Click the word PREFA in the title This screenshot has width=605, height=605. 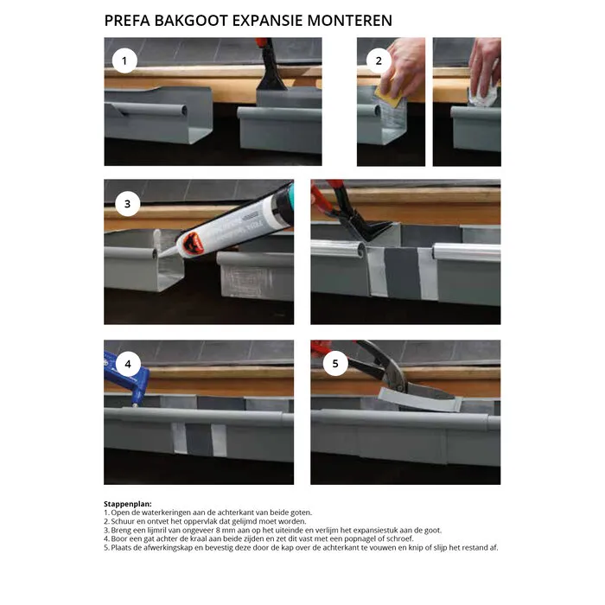click(x=127, y=21)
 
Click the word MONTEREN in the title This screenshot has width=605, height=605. click(x=349, y=21)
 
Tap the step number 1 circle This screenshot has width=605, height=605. click(x=124, y=61)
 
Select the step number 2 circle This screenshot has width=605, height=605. click(x=379, y=61)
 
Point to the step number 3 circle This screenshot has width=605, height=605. click(x=127, y=204)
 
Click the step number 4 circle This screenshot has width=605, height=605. click(x=128, y=364)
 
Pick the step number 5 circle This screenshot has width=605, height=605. click(x=335, y=363)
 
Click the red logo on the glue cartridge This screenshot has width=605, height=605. click(x=193, y=244)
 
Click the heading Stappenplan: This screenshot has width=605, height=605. click(x=128, y=504)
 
